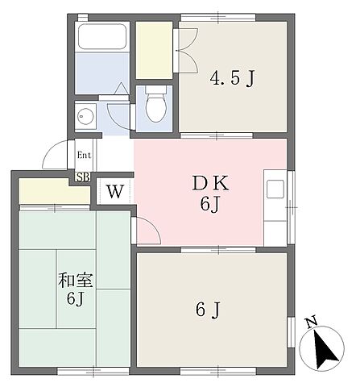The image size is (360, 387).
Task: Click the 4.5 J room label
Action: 232,78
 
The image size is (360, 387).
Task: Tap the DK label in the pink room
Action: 209,182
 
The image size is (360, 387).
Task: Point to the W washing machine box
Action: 115,192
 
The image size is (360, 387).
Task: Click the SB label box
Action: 82,177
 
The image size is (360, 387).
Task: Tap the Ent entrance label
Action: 84,156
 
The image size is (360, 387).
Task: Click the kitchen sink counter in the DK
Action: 275,193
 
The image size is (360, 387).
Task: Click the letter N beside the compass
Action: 311,323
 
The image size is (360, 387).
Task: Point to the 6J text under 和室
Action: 74,300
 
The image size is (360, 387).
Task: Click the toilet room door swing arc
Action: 119,95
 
